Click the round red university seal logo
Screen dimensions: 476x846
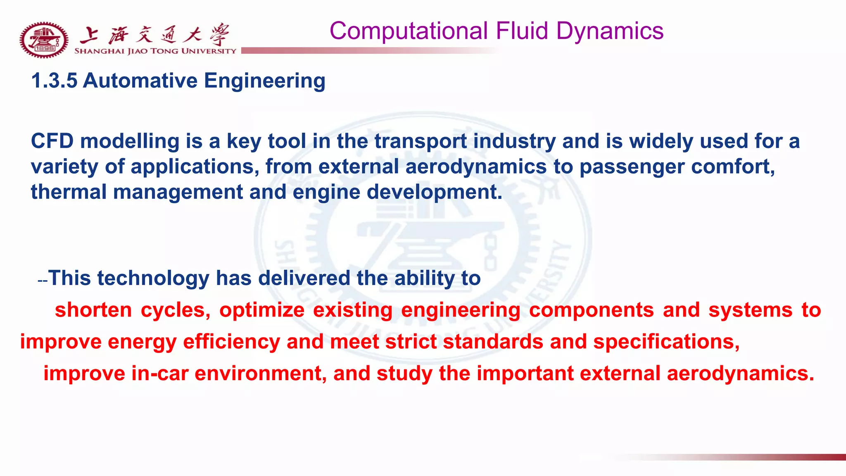coord(44,40)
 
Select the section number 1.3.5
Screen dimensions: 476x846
coord(54,81)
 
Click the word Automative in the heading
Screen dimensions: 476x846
coord(140,81)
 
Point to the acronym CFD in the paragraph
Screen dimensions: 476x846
coord(52,141)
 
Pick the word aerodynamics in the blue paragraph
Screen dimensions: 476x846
coord(476,167)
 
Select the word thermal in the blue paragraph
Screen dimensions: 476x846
coord(69,192)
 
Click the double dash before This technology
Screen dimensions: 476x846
coord(43,281)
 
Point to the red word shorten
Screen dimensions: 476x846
coord(93,310)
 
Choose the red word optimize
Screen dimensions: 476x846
coord(262,310)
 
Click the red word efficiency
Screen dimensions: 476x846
coord(231,342)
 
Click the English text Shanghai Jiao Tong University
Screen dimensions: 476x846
coord(155,51)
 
